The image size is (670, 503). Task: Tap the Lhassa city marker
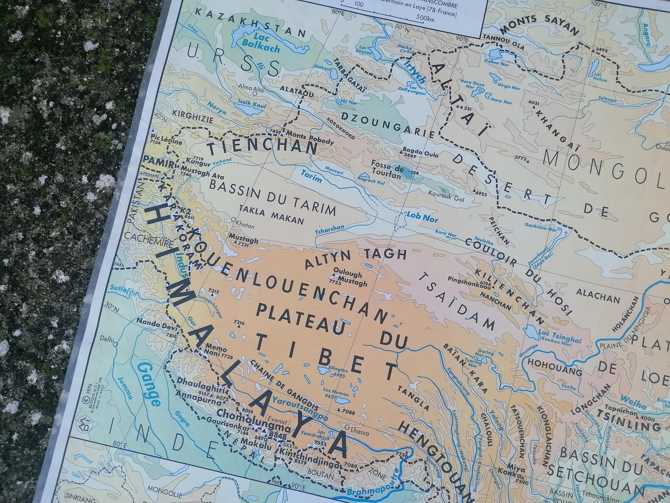(x=347, y=428)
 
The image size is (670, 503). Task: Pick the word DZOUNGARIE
(x=388, y=125)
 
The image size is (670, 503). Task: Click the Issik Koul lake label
(x=252, y=104)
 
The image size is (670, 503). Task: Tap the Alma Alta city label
(x=251, y=88)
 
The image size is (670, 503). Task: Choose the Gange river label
(x=149, y=385)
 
